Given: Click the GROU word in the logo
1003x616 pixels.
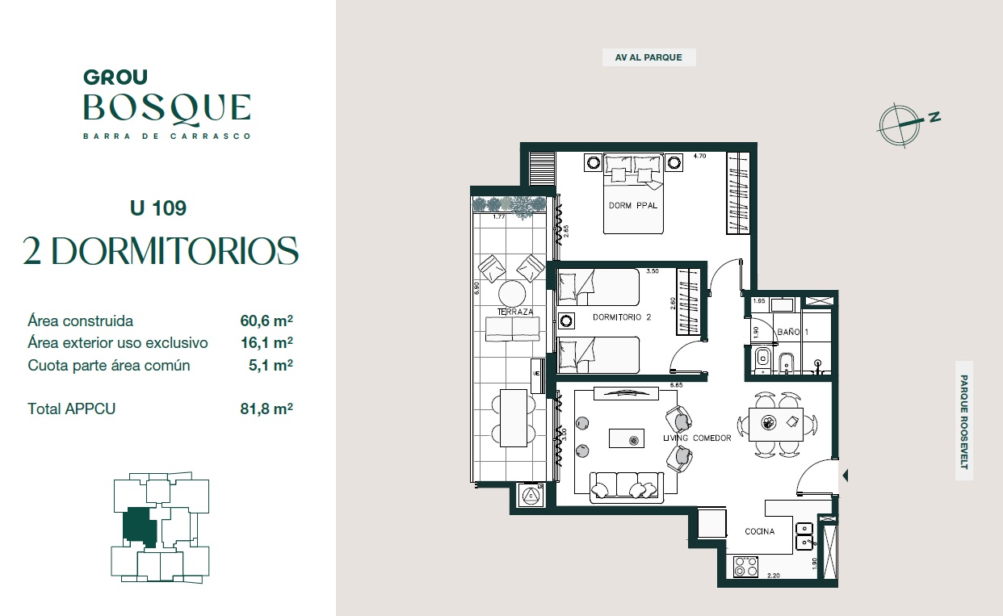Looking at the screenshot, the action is tap(115, 78).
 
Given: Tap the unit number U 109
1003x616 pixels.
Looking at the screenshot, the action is tap(158, 208).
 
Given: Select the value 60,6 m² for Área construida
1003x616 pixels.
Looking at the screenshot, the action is tap(266, 321).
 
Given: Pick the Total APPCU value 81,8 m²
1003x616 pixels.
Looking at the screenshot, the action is tap(266, 409).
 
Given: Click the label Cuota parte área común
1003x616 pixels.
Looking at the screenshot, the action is tap(109, 365).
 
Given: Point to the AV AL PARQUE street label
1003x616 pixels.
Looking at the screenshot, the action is tap(648, 57).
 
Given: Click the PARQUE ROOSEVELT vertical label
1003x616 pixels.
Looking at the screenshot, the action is tap(963, 421).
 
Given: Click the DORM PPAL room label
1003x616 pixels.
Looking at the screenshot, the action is tap(632, 206).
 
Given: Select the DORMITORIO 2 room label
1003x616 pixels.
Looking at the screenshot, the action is tap(622, 317).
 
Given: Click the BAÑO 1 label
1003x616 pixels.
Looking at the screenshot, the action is tap(792, 332).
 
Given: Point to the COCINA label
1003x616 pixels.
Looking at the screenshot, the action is tap(759, 531).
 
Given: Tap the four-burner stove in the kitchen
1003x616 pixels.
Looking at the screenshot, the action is tap(745, 566).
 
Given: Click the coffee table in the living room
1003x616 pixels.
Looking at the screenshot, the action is tap(627, 438).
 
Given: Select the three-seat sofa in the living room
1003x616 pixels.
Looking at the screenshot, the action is tap(627, 487).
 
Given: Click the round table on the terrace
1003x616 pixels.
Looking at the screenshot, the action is tap(512, 294).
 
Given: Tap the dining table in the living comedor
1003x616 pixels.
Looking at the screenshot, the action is tap(776, 425).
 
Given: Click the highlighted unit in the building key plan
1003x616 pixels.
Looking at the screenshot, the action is tap(139, 527).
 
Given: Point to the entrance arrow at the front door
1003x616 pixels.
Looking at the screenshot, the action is tap(846, 476).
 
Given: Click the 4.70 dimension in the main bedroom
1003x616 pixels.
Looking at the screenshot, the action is tap(699, 157).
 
